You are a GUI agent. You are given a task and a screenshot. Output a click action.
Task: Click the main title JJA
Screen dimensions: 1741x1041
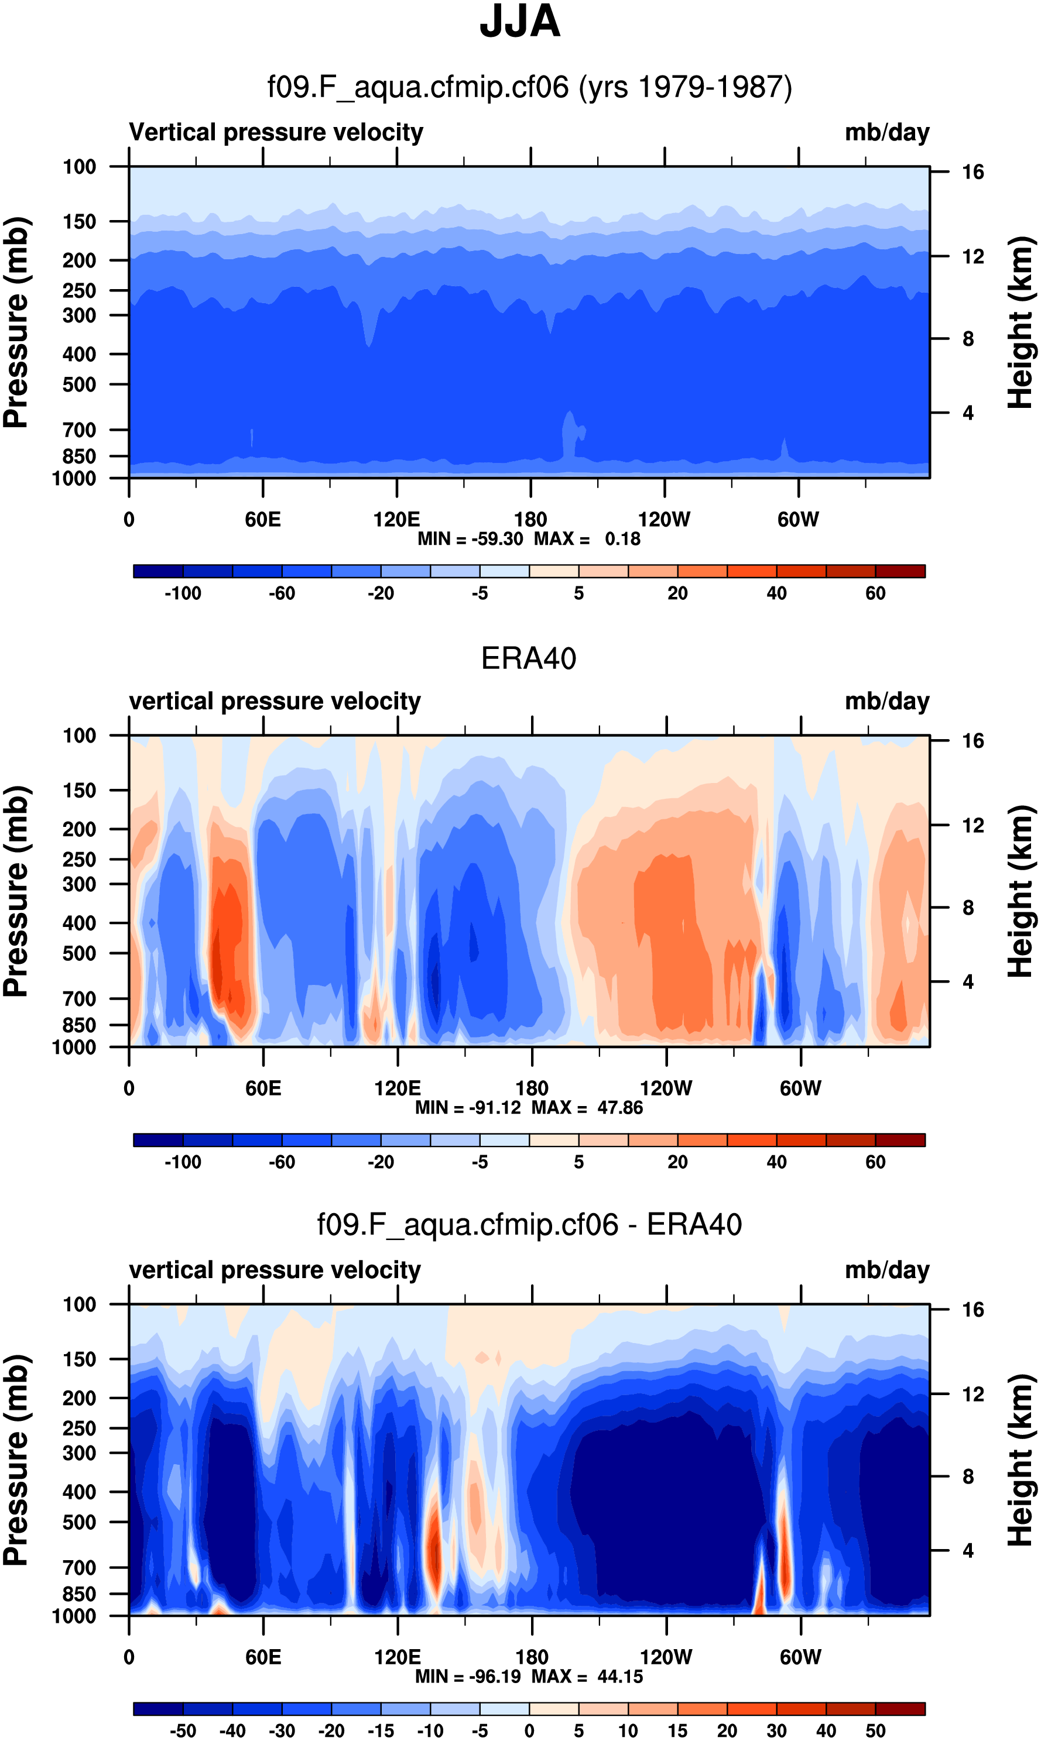(x=520, y=22)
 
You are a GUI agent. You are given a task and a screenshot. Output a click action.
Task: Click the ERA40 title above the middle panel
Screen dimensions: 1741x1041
(x=528, y=658)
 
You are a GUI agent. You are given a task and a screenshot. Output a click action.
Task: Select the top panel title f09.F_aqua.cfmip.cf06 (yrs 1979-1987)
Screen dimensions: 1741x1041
(x=530, y=87)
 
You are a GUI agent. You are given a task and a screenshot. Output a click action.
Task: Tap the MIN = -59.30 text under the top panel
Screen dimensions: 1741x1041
(x=470, y=538)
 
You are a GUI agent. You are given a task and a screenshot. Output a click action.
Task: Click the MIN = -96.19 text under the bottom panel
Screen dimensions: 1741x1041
(x=468, y=1676)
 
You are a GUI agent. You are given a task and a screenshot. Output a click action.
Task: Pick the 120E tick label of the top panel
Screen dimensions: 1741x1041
(x=396, y=520)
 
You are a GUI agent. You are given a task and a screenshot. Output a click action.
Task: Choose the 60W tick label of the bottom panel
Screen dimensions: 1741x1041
(x=800, y=1657)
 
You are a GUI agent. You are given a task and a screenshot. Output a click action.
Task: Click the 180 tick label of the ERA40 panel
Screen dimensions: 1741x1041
(x=532, y=1088)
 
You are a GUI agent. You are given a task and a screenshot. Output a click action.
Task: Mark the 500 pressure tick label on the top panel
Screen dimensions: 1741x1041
(x=79, y=385)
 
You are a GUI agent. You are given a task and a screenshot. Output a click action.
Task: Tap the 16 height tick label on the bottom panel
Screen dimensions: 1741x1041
(x=973, y=1310)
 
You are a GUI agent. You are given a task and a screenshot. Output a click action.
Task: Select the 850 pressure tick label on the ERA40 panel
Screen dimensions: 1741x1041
(x=79, y=1025)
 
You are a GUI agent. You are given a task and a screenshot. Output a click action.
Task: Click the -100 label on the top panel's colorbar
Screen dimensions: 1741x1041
(x=183, y=593)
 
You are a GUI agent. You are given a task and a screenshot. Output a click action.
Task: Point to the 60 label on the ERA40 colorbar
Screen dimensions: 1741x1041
(x=875, y=1162)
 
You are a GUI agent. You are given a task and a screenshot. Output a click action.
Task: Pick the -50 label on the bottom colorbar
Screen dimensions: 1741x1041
(x=183, y=1730)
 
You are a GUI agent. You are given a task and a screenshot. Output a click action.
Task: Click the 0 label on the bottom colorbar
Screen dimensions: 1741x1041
(x=529, y=1730)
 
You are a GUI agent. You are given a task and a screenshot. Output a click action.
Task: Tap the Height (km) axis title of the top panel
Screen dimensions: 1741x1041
(x=1021, y=322)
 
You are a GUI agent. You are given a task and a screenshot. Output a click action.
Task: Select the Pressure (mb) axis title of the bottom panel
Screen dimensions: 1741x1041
(x=15, y=1460)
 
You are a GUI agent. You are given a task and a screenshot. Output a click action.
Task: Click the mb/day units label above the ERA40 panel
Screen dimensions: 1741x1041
(x=886, y=701)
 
